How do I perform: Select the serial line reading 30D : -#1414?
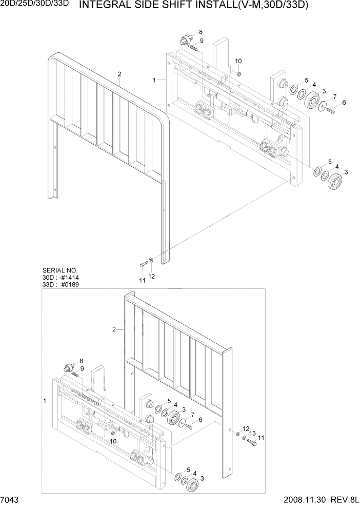click(61, 278)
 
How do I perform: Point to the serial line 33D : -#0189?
click(61, 284)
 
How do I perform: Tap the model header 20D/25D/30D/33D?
click(34, 5)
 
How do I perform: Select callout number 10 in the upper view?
click(238, 62)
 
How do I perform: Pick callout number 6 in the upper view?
click(344, 103)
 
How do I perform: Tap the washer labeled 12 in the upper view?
click(150, 261)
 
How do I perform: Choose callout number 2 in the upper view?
click(119, 74)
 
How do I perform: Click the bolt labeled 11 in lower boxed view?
click(251, 441)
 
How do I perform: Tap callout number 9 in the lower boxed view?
click(82, 368)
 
